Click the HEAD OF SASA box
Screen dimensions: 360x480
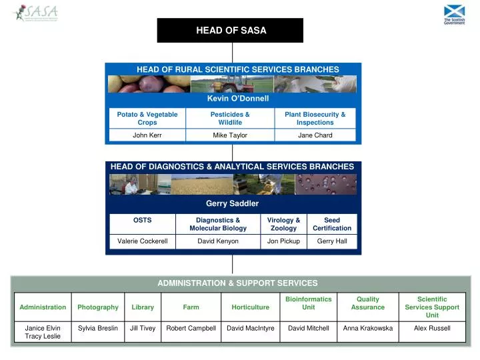coord(230,30)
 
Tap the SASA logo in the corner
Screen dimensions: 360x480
coord(36,13)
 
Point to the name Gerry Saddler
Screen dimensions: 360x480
coord(232,203)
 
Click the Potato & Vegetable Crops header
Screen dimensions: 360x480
coord(147,119)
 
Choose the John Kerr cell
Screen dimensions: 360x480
coord(147,135)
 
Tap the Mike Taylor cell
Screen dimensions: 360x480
coord(230,135)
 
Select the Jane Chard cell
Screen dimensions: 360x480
coord(315,135)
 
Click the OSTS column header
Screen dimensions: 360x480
coord(142,220)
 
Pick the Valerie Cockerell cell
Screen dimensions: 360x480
coord(142,241)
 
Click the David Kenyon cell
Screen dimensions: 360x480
coord(218,241)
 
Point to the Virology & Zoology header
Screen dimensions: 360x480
coord(283,224)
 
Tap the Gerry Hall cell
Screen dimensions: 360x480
coord(332,241)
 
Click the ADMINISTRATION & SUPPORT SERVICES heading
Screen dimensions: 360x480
coord(237,283)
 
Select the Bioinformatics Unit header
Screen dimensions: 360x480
coord(308,303)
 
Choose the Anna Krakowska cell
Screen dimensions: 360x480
coord(368,328)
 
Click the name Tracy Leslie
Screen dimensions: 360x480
coord(43,337)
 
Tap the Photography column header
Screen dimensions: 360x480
coord(98,307)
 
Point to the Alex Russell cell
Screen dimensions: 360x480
coord(432,328)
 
